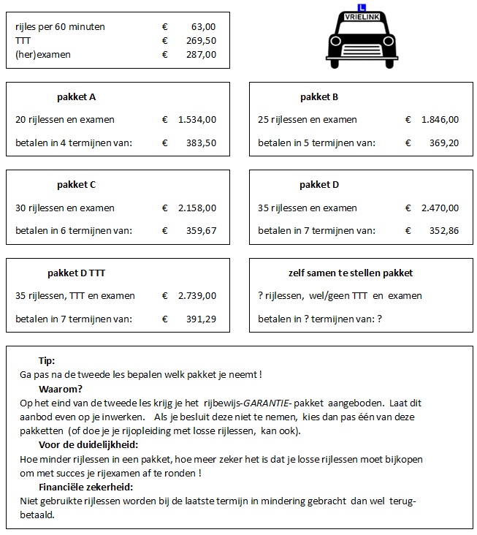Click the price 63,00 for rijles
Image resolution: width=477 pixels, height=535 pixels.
click(204, 27)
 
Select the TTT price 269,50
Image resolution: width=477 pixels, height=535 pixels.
click(201, 41)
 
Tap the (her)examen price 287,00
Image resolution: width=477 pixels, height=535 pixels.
click(201, 54)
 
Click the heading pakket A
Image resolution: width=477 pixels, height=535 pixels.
click(76, 97)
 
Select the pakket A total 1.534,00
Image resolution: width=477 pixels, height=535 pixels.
click(197, 120)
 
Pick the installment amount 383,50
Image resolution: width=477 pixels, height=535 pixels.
click(201, 143)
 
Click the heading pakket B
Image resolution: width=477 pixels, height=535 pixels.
click(319, 97)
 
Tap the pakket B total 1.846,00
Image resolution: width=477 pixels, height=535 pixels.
click(440, 120)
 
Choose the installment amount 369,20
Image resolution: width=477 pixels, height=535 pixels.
click(443, 143)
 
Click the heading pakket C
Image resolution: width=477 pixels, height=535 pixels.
click(76, 185)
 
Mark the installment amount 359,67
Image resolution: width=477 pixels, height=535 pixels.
click(201, 230)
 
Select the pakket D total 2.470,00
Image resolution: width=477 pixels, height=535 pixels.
click(440, 208)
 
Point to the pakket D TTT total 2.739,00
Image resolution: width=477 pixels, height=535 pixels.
click(197, 296)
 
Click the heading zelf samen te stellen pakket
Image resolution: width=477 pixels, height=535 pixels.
click(351, 273)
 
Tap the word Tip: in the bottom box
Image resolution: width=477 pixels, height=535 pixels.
click(47, 361)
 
